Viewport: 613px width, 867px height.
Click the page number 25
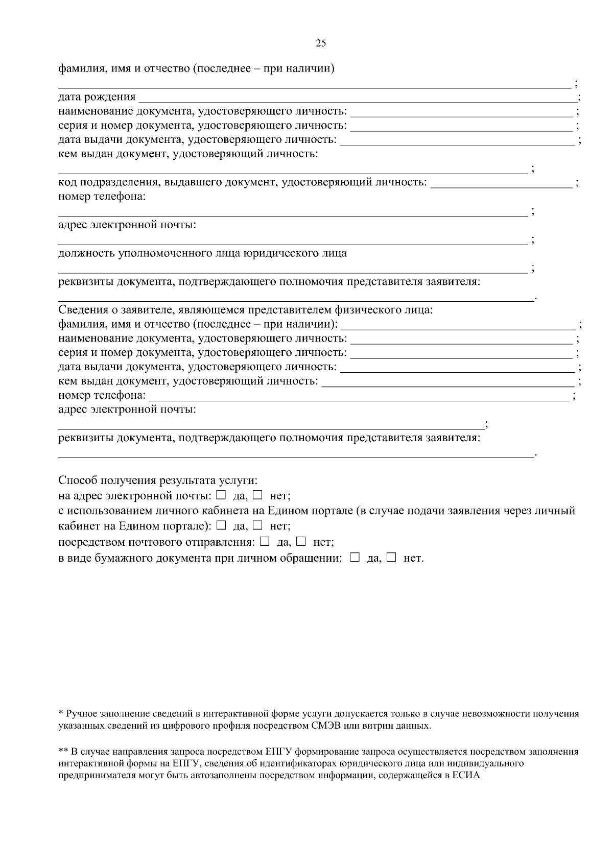321,43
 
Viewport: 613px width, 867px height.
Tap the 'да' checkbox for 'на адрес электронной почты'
221,495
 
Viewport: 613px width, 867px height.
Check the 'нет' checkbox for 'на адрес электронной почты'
257,495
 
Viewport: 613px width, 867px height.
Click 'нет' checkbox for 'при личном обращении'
391,558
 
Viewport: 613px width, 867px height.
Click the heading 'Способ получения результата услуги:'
158,480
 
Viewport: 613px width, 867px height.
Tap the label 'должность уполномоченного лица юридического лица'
202,253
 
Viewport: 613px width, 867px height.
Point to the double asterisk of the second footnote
64,752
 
